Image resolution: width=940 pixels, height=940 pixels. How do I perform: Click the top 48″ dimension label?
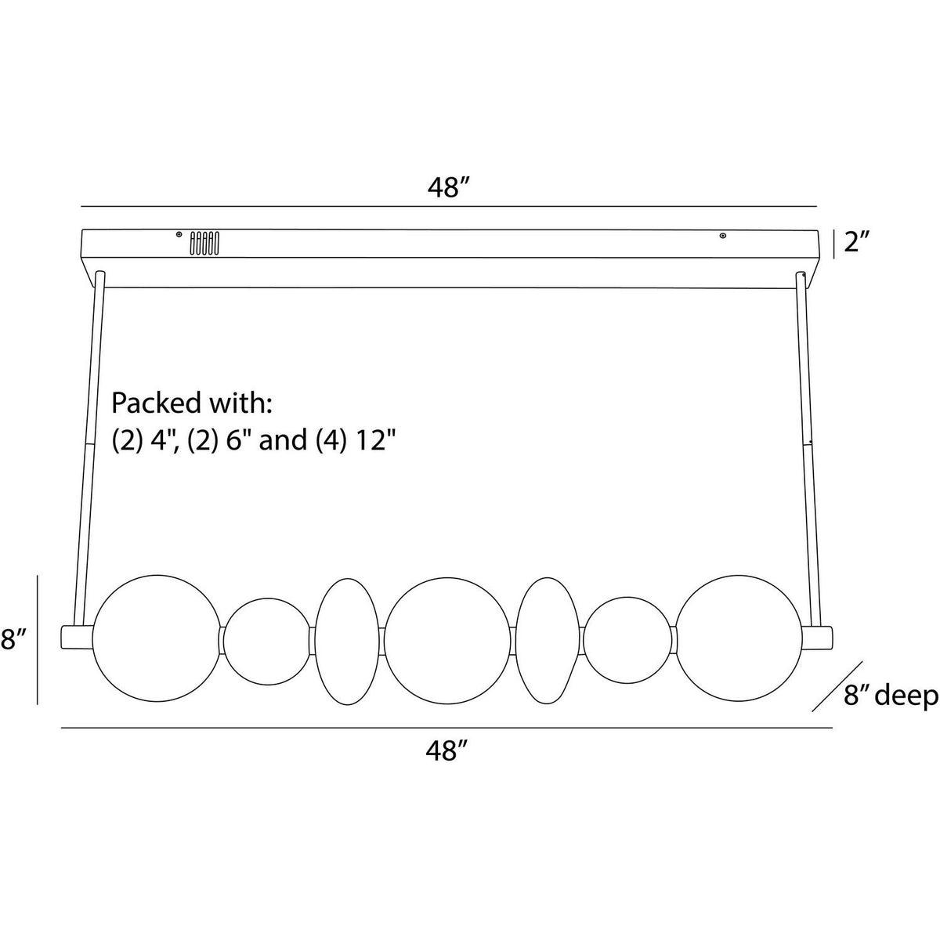(x=448, y=188)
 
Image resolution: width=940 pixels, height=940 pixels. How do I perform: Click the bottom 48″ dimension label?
(x=446, y=750)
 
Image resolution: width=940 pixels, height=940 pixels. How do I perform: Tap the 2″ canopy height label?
(x=858, y=242)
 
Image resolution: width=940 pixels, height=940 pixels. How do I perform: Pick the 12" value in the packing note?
(x=375, y=441)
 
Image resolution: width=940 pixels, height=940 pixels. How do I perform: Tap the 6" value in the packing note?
(x=237, y=441)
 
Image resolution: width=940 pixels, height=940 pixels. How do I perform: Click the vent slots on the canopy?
(x=204, y=243)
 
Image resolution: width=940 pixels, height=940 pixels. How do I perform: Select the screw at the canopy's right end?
(x=723, y=236)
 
